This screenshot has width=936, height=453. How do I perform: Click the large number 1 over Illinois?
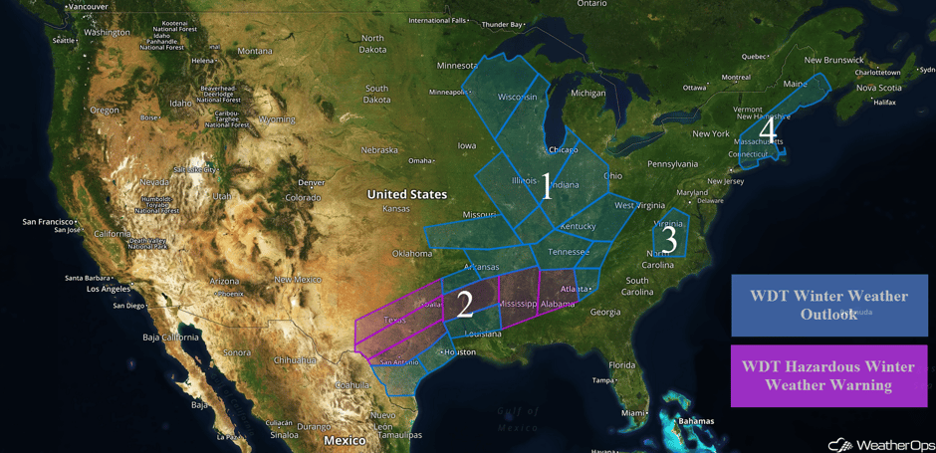click(546, 185)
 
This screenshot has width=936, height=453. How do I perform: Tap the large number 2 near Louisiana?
click(465, 304)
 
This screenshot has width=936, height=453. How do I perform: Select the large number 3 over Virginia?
click(670, 240)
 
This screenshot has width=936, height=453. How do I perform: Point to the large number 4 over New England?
click(767, 129)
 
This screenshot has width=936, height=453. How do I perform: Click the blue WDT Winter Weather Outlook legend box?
click(828, 305)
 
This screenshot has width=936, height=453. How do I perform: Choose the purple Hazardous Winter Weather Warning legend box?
click(828, 375)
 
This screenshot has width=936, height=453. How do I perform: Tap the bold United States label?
click(406, 194)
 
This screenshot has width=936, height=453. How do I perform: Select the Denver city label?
click(312, 183)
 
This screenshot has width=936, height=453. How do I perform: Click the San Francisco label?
click(48, 221)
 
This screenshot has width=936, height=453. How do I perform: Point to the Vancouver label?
click(88, 7)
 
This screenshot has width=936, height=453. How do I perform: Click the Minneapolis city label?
click(449, 93)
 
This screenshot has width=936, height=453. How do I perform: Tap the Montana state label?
click(255, 52)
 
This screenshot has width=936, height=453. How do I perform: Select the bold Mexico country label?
click(345, 440)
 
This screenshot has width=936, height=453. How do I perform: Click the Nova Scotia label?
click(878, 88)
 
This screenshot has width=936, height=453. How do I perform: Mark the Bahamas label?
click(696, 421)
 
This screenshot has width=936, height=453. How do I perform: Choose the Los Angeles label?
click(108, 289)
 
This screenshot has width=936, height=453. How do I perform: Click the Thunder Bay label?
click(502, 25)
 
